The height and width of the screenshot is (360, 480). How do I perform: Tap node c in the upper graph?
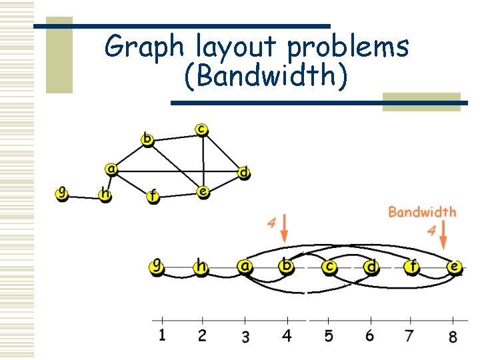click(x=201, y=128)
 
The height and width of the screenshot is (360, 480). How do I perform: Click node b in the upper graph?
click(x=147, y=139)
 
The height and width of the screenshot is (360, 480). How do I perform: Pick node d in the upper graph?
click(x=244, y=173)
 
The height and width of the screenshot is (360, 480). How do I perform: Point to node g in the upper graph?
click(x=61, y=193)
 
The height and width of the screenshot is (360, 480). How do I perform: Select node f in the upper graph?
click(x=153, y=195)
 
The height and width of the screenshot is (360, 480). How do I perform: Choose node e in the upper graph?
click(x=203, y=191)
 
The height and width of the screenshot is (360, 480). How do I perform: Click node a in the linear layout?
click(x=245, y=266)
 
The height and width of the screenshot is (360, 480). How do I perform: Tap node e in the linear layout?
click(x=455, y=267)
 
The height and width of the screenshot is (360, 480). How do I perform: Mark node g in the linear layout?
click(x=157, y=266)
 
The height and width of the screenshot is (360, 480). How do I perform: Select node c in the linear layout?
click(x=329, y=267)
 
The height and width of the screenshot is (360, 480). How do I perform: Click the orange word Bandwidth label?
click(x=422, y=212)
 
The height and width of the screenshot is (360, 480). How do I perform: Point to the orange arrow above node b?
click(x=285, y=229)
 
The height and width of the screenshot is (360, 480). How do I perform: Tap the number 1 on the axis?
click(x=162, y=335)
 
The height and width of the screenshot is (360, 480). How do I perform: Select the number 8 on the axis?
click(x=453, y=336)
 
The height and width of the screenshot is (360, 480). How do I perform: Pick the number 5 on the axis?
click(x=329, y=335)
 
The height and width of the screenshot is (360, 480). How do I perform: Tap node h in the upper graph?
click(x=105, y=194)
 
